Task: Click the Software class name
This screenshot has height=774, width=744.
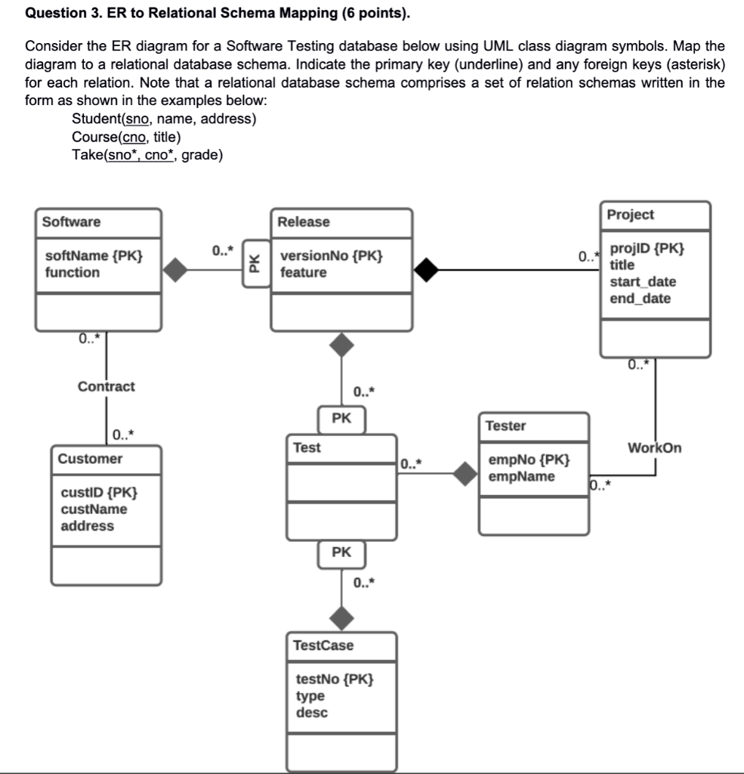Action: pos(71,221)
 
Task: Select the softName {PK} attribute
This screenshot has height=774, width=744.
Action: pos(93,255)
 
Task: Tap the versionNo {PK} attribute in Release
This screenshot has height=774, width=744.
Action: pos(331,255)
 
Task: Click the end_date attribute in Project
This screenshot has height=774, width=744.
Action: pos(640,299)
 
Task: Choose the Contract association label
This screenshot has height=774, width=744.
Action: pos(106,386)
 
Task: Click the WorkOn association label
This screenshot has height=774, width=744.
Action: pos(654,447)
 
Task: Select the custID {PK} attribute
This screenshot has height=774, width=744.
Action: pos(99,493)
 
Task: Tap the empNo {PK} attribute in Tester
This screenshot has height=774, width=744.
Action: pos(529,460)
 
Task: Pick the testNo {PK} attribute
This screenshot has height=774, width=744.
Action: pos(334,679)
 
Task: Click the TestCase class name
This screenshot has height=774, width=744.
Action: pos(323,646)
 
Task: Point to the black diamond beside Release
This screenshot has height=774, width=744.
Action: pos(425,270)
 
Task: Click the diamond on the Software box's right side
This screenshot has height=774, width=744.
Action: pos(176,270)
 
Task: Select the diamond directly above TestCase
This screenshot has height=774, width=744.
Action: pos(342,618)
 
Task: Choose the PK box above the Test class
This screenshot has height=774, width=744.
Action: pos(341,418)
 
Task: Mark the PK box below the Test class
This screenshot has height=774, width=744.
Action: pos(341,553)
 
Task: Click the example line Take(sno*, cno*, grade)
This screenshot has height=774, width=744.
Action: pos(147,155)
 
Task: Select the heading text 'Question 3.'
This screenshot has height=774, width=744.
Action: pos(60,14)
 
